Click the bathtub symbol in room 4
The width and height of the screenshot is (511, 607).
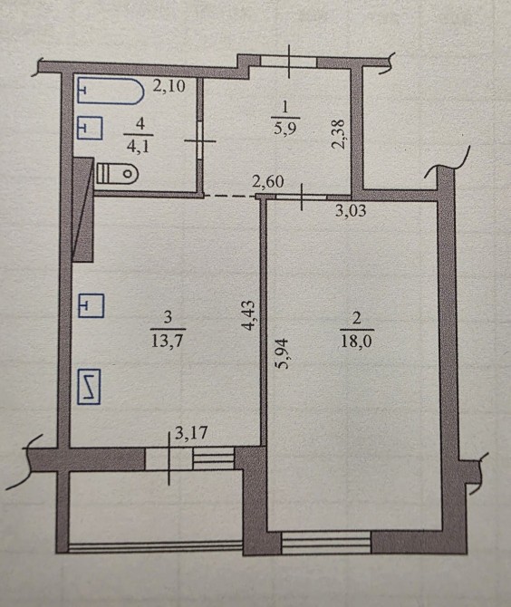coord(111,92)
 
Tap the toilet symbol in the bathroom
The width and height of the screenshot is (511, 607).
coord(117,174)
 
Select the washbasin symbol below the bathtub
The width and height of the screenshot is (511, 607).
coord(91,128)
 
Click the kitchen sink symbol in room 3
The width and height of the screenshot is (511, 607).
coord(92,306)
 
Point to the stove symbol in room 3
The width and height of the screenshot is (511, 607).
coord(89,387)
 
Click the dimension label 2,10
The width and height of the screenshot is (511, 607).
coord(169,86)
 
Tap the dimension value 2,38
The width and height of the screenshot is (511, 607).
coord(338,134)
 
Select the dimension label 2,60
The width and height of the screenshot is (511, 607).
coord(268,181)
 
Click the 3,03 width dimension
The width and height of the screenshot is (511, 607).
coord(351,211)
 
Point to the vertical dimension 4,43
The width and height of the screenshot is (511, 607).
coord(248,315)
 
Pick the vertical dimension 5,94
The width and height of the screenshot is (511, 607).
coord(282,353)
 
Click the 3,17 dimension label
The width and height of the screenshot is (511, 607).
coord(191,432)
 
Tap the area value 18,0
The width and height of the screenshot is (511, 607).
coord(356,342)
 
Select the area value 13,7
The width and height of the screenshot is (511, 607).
coord(167,341)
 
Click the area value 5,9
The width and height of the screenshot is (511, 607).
coord(284,128)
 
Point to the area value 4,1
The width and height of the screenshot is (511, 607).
coord(139,147)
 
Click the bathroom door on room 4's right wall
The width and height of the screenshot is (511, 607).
coord(199,140)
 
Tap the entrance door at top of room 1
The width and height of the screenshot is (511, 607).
coord(289,62)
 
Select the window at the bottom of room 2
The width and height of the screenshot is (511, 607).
coord(326,543)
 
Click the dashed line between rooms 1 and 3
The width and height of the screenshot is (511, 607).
coord(230,197)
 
